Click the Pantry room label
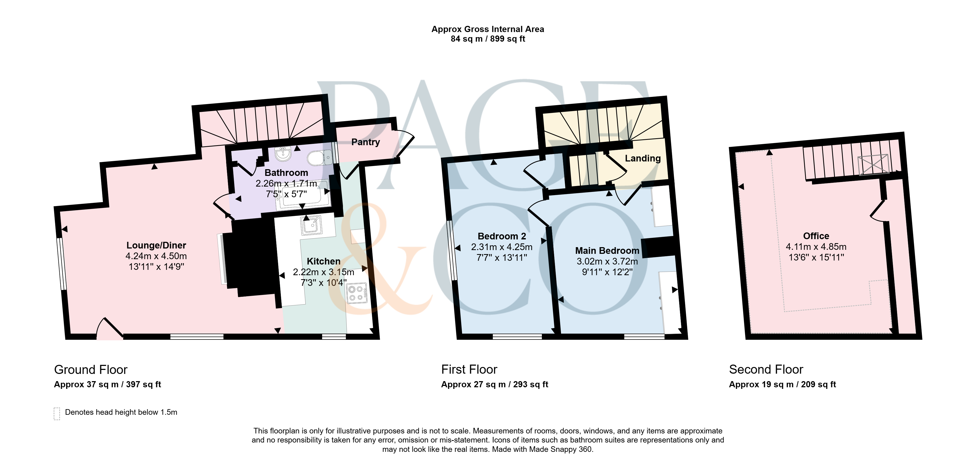pyautogui.click(x=365, y=142)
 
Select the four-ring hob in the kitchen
pyautogui.click(x=357, y=293)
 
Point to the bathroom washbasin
pyautogui.click(x=283, y=154)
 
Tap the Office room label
pyautogui.click(x=816, y=236)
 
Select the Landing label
pyautogui.click(x=643, y=159)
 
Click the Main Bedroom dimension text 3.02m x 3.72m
pyautogui.click(x=607, y=261)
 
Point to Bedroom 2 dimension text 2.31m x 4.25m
pyautogui.click(x=502, y=247)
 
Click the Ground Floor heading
pyautogui.click(x=91, y=370)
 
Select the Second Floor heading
pyautogui.click(x=766, y=369)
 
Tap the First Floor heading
pyautogui.click(x=469, y=369)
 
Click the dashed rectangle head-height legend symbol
pyautogui.click(x=57, y=414)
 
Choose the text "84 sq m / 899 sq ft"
pyautogui.click(x=488, y=39)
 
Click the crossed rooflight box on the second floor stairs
pyautogui.click(x=874, y=165)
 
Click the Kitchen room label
pyautogui.click(x=323, y=261)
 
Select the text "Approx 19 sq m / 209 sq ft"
pyautogui.click(x=782, y=385)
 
